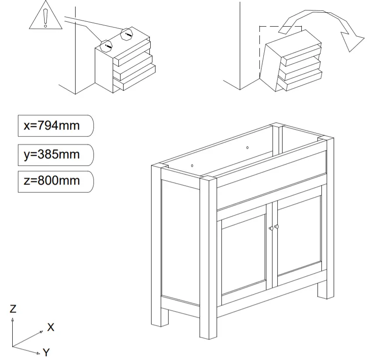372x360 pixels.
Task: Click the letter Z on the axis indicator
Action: coord(13,309)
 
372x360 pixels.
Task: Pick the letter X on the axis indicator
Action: coord(51,327)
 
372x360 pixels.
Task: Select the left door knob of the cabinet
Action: coord(271,228)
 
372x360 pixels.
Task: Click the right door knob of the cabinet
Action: coord(276,227)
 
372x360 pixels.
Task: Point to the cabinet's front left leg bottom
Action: coord(208,334)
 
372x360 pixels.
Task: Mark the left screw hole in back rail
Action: coord(193,166)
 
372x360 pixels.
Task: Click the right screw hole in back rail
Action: coord(247,147)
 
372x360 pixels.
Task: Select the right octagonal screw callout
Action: coord(127,33)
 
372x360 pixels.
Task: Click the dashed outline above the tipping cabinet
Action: coord(279,27)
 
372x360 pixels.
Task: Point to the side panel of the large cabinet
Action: coord(180,242)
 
